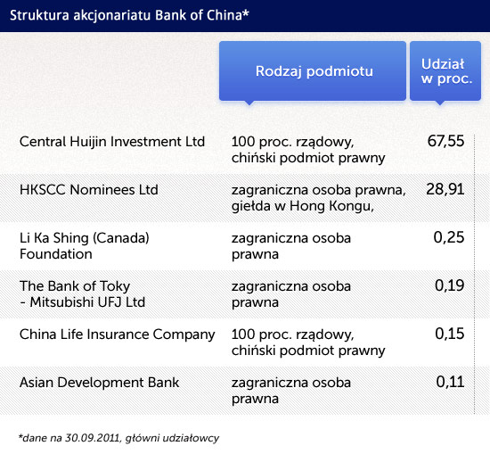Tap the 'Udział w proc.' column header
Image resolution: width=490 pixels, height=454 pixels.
click(x=445, y=71)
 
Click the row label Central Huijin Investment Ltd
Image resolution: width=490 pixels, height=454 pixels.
click(x=112, y=142)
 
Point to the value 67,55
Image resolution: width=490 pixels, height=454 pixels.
click(x=445, y=141)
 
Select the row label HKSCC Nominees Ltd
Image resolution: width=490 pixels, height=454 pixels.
click(x=89, y=190)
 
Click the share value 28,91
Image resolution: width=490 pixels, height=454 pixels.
click(x=445, y=189)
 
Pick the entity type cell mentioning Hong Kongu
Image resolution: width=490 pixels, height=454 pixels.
click(x=318, y=198)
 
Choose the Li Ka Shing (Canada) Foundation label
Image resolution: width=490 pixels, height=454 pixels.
click(x=85, y=246)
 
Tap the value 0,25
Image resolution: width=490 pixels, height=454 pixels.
click(x=449, y=237)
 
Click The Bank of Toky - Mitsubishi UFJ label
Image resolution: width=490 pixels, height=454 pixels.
click(x=82, y=294)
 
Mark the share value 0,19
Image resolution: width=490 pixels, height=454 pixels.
click(x=449, y=285)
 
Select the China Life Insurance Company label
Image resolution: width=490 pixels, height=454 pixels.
click(x=118, y=334)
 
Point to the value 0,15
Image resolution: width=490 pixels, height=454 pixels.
click(x=449, y=334)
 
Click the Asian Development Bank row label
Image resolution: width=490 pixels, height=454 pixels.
click(x=100, y=383)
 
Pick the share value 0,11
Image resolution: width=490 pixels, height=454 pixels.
click(x=450, y=382)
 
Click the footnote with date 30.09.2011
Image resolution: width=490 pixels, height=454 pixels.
click(x=118, y=438)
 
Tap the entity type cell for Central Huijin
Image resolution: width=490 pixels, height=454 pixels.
click(x=308, y=150)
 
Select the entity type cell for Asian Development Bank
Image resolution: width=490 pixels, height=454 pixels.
click(x=291, y=391)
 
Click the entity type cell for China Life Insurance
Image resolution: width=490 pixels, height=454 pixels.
click(x=308, y=343)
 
